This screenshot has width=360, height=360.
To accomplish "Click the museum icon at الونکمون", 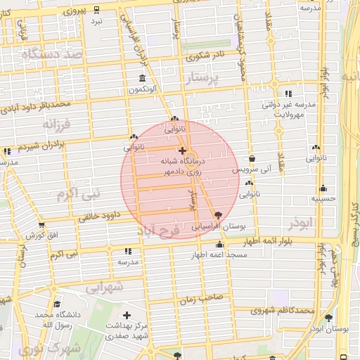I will (143, 78).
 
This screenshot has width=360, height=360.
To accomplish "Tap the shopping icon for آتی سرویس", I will (252, 159).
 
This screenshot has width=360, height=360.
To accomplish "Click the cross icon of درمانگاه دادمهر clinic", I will (183, 150).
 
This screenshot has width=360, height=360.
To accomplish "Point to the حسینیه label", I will (323, 199).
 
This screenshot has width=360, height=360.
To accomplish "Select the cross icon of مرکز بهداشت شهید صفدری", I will (127, 315).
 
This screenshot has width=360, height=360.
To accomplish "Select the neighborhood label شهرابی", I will (105, 287).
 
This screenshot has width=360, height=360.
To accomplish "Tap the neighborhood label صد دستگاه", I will (53, 54).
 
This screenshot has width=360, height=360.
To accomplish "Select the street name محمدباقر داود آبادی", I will (37, 106).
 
